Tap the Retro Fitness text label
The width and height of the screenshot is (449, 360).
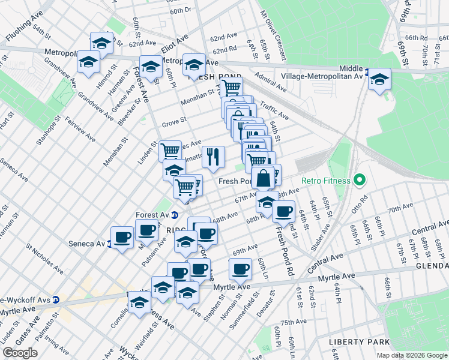pyautogui.click(x=328, y=179)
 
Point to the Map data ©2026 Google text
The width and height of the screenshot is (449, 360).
pyautogui.click(x=411, y=355)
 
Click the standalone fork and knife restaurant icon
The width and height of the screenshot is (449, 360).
pyautogui.click(x=213, y=157)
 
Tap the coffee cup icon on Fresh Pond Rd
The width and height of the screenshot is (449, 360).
pyautogui.click(x=283, y=211)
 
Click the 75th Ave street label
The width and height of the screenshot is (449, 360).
pyautogui.click(x=295, y=322)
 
